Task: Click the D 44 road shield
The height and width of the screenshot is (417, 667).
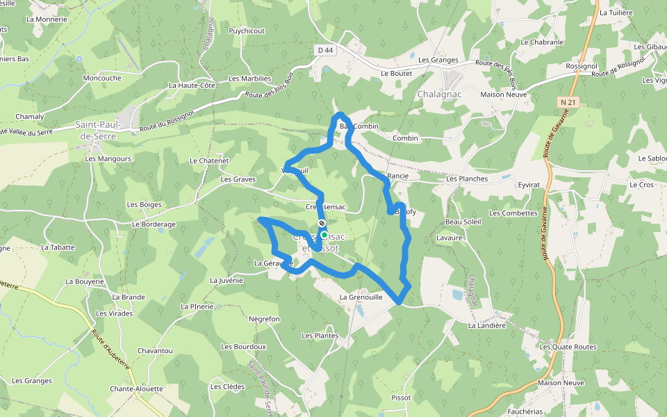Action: click(x=325, y=50)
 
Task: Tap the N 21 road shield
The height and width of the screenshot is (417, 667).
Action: click(x=568, y=101)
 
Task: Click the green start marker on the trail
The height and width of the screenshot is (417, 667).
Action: click(x=324, y=235)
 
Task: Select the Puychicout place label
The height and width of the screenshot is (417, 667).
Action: click(x=247, y=31)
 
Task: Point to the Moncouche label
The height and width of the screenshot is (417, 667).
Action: click(x=102, y=78)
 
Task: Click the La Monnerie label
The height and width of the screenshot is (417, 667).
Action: click(x=47, y=19)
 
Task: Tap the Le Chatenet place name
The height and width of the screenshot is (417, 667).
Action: click(x=209, y=161)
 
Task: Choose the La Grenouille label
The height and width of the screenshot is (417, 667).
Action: click(x=361, y=297)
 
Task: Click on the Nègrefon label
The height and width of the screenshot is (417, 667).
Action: click(x=264, y=319)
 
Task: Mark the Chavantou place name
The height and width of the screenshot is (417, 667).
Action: click(x=155, y=350)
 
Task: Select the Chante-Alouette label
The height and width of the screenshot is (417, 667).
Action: click(x=136, y=389)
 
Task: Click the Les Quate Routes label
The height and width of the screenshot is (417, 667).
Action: click(x=568, y=347)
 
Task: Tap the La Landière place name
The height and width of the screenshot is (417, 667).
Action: click(x=486, y=325)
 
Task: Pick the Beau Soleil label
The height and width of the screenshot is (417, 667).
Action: click(x=463, y=222)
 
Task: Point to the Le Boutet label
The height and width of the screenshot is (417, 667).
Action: click(x=397, y=73)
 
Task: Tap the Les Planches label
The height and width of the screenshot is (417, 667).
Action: click(x=467, y=179)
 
